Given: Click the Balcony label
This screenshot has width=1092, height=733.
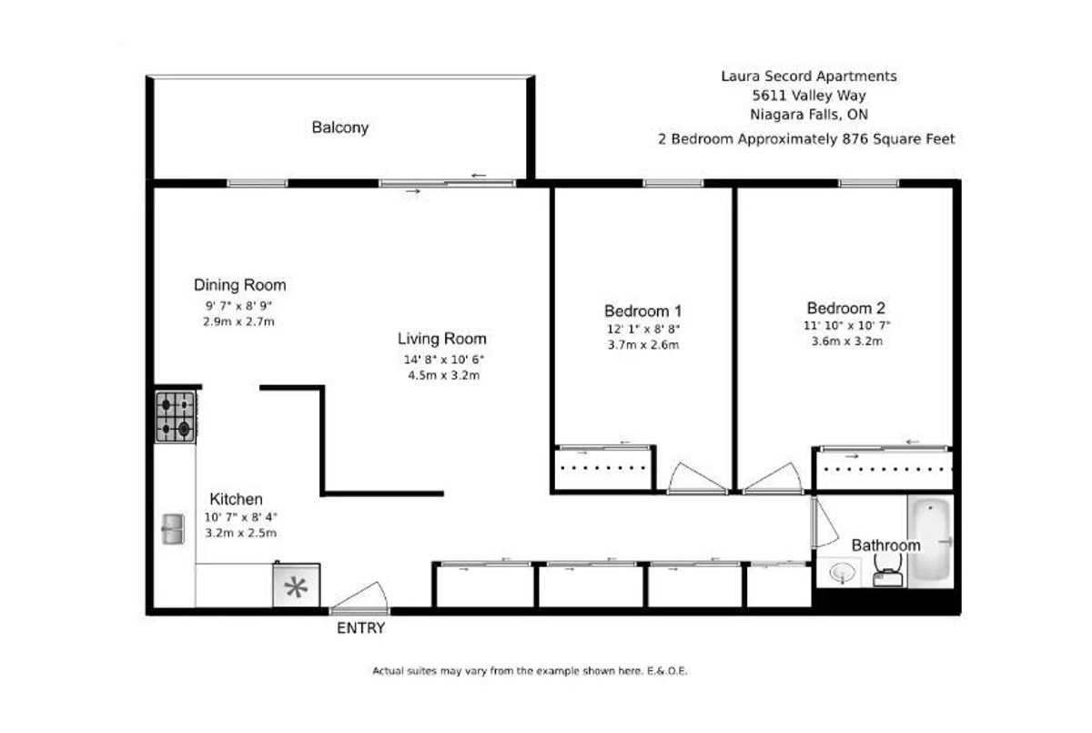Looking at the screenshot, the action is point(339,127).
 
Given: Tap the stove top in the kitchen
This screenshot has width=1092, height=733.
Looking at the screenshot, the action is point(176,417).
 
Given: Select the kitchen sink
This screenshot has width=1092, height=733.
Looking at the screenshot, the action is point(173,529).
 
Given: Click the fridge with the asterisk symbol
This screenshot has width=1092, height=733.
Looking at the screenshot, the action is point(297,585).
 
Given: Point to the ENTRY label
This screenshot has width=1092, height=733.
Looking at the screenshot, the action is point(360,628).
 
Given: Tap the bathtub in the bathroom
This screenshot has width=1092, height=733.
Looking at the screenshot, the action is point(930,542).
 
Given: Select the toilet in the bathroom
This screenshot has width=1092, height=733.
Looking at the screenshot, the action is point(888,573).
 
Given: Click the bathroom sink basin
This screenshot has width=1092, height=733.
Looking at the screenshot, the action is point(843,572).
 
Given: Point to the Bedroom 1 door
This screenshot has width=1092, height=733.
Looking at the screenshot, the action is point(697,478).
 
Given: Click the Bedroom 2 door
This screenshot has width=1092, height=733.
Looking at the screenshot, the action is point(773,478).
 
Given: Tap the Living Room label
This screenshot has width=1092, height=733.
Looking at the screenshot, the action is point(441,339).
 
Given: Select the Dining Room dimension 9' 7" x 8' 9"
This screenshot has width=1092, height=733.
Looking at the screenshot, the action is point(238,306).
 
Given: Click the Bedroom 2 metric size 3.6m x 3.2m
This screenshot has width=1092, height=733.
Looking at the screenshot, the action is point(847,341).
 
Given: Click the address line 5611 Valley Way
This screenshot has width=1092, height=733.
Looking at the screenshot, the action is point(809,95).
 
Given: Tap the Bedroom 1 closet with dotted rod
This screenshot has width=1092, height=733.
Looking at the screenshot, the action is point(603,467).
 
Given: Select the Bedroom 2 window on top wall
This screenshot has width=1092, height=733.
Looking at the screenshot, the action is point(868,183).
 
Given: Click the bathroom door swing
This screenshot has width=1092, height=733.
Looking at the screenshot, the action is point(824,522).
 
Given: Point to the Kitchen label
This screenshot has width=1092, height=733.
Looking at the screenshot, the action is point(236,499).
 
